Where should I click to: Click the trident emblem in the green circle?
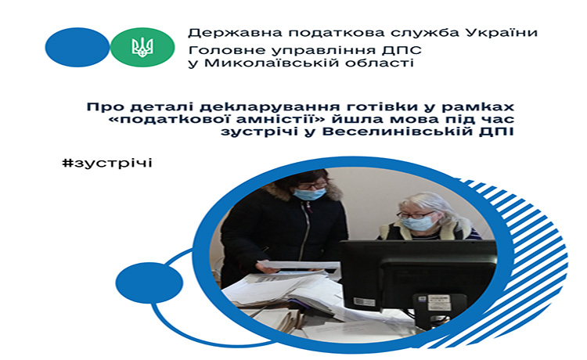[x=142, y=47]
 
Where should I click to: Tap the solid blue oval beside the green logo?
[x=77, y=47]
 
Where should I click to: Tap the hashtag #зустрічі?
[x=107, y=163]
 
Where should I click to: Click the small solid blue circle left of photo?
[x=149, y=283]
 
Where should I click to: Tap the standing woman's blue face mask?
[x=309, y=193]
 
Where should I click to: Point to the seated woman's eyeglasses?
[x=415, y=214]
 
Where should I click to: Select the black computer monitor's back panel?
[x=417, y=277]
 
